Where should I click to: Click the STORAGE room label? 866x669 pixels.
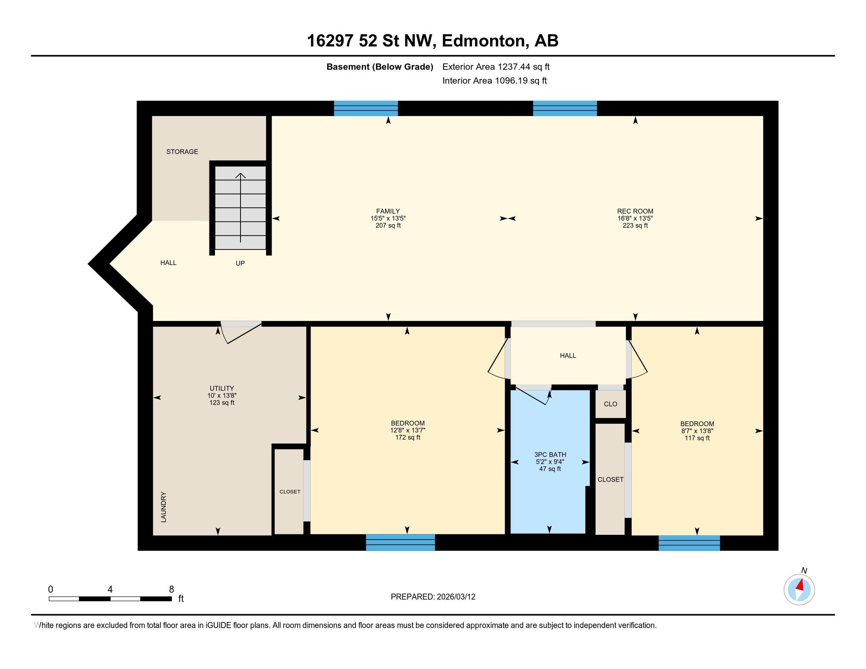tap(182, 152)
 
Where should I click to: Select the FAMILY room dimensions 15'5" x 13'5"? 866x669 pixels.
tap(388, 218)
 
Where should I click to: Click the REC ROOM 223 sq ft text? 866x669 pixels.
tap(635, 225)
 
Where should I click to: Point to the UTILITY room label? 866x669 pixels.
tap(222, 388)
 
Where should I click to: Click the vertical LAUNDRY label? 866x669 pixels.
tap(164, 507)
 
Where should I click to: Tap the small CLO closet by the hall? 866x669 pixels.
tap(610, 404)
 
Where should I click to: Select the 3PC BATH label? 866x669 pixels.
tap(550, 455)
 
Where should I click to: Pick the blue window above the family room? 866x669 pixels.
tap(366, 108)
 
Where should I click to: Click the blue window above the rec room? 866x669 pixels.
tap(564, 108)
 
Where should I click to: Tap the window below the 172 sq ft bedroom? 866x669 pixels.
tap(400, 542)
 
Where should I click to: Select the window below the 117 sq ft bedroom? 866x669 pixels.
tap(689, 543)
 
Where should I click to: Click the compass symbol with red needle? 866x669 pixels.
tap(799, 590)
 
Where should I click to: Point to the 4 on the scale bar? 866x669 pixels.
tap(110, 590)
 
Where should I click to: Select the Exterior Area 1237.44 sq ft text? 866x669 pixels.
tap(496, 67)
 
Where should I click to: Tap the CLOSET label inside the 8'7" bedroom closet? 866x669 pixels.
tap(610, 480)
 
